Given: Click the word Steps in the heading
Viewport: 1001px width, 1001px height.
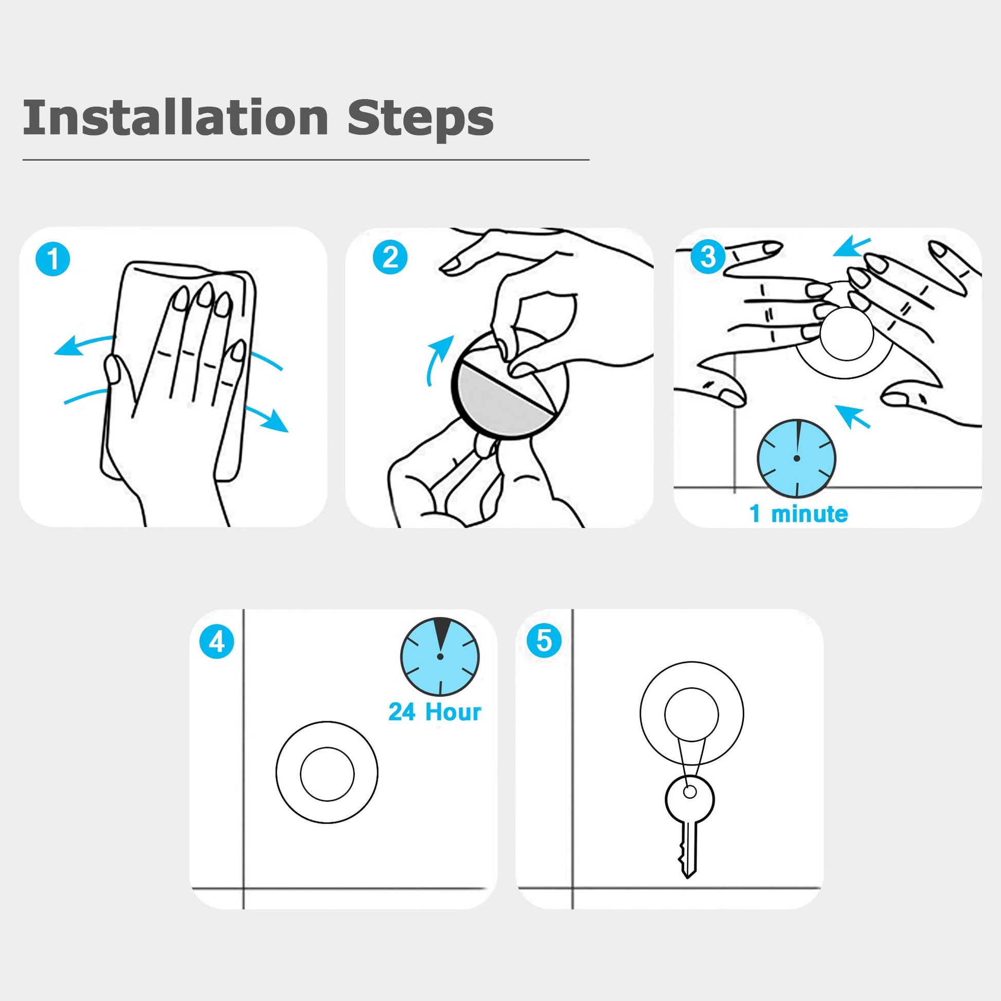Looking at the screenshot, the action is pyautogui.click(x=420, y=119).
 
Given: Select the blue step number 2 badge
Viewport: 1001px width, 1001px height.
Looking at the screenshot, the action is pyautogui.click(x=390, y=258).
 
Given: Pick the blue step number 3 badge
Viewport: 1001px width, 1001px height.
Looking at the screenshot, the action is pyautogui.click(x=708, y=256).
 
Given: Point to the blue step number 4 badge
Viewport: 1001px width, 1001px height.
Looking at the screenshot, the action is pyautogui.click(x=217, y=642).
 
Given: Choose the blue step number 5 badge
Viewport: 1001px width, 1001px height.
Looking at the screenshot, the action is pyautogui.click(x=544, y=640).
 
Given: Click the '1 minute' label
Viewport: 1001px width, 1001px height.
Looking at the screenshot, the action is pyautogui.click(x=798, y=513).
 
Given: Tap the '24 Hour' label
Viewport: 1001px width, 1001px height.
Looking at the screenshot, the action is pyautogui.click(x=435, y=711).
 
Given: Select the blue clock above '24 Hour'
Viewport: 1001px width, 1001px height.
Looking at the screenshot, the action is pyautogui.click(x=440, y=656).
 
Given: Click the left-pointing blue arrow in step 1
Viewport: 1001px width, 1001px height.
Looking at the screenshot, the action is pyautogui.click(x=83, y=344).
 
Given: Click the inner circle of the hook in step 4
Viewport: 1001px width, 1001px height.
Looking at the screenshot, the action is pyautogui.click(x=327, y=774).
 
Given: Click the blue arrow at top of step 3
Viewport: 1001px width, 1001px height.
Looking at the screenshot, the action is pyautogui.click(x=852, y=246).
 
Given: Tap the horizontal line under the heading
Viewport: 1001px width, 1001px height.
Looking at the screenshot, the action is pyautogui.click(x=306, y=160).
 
